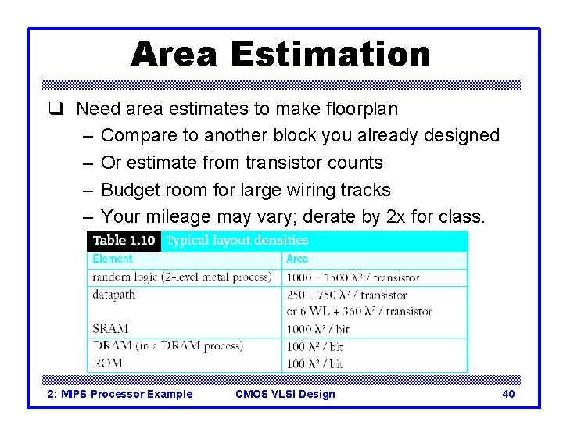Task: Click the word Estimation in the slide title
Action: [x=330, y=55]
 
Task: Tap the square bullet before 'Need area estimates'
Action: [x=62, y=109]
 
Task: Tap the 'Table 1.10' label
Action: [x=124, y=241]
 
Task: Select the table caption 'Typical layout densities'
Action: [x=238, y=241]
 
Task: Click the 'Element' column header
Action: [x=113, y=259]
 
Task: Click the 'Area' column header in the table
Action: [x=297, y=259]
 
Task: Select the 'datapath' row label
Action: [x=113, y=295]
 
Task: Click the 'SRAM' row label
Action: [x=110, y=328]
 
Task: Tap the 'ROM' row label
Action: [x=108, y=363]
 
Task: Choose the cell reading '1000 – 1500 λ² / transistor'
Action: [x=353, y=277]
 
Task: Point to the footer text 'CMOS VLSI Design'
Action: [x=285, y=394]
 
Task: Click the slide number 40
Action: [x=508, y=394]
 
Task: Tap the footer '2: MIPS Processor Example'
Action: [x=120, y=394]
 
